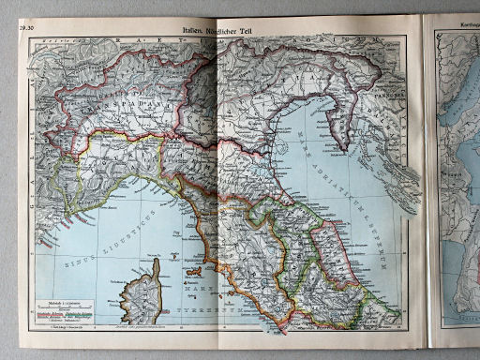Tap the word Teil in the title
(x=254, y=31)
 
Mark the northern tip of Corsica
(x=155, y=262)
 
